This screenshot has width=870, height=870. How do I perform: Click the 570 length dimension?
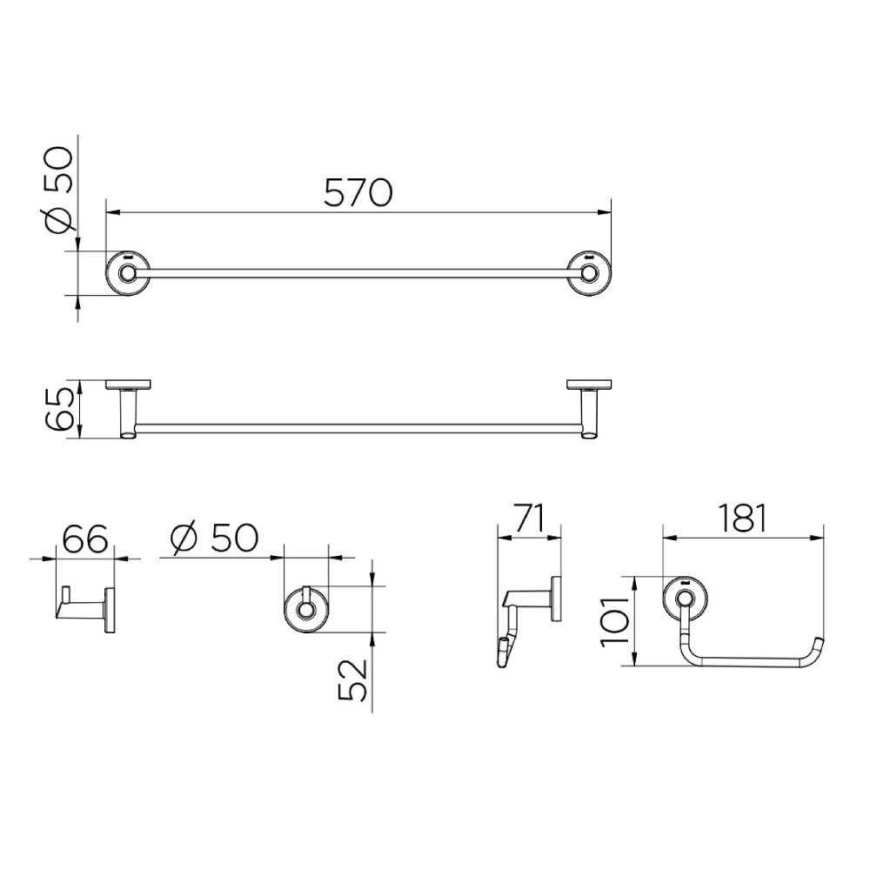[358, 192]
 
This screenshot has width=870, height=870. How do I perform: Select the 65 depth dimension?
[58, 409]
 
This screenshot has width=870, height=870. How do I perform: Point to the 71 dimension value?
[530, 518]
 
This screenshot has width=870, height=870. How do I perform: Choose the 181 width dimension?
[742, 519]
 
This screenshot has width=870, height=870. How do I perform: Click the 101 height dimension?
[615, 621]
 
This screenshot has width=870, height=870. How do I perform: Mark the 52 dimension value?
[353, 679]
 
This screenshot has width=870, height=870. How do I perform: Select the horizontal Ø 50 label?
[214, 538]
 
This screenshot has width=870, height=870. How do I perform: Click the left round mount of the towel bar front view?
[128, 273]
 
